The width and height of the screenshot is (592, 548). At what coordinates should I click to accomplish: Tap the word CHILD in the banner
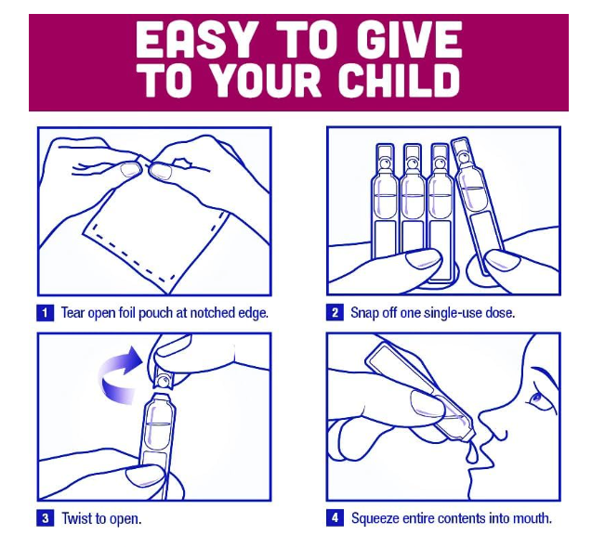pyautogui.click(x=399, y=81)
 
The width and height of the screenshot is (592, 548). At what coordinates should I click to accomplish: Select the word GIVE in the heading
pyautogui.click(x=409, y=40)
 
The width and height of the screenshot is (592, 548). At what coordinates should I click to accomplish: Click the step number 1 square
pyautogui.click(x=45, y=313)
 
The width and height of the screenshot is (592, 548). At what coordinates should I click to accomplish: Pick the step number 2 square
pyautogui.click(x=335, y=313)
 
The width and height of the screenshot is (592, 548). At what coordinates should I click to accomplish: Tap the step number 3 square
pyautogui.click(x=45, y=517)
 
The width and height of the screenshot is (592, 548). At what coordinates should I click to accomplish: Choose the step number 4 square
pyautogui.click(x=335, y=517)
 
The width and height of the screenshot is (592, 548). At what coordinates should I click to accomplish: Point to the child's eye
pyautogui.click(x=536, y=398)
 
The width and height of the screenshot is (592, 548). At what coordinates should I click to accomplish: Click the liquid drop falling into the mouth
pyautogui.click(x=472, y=454)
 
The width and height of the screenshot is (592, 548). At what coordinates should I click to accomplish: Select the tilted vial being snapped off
pyautogui.click(x=477, y=205)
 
